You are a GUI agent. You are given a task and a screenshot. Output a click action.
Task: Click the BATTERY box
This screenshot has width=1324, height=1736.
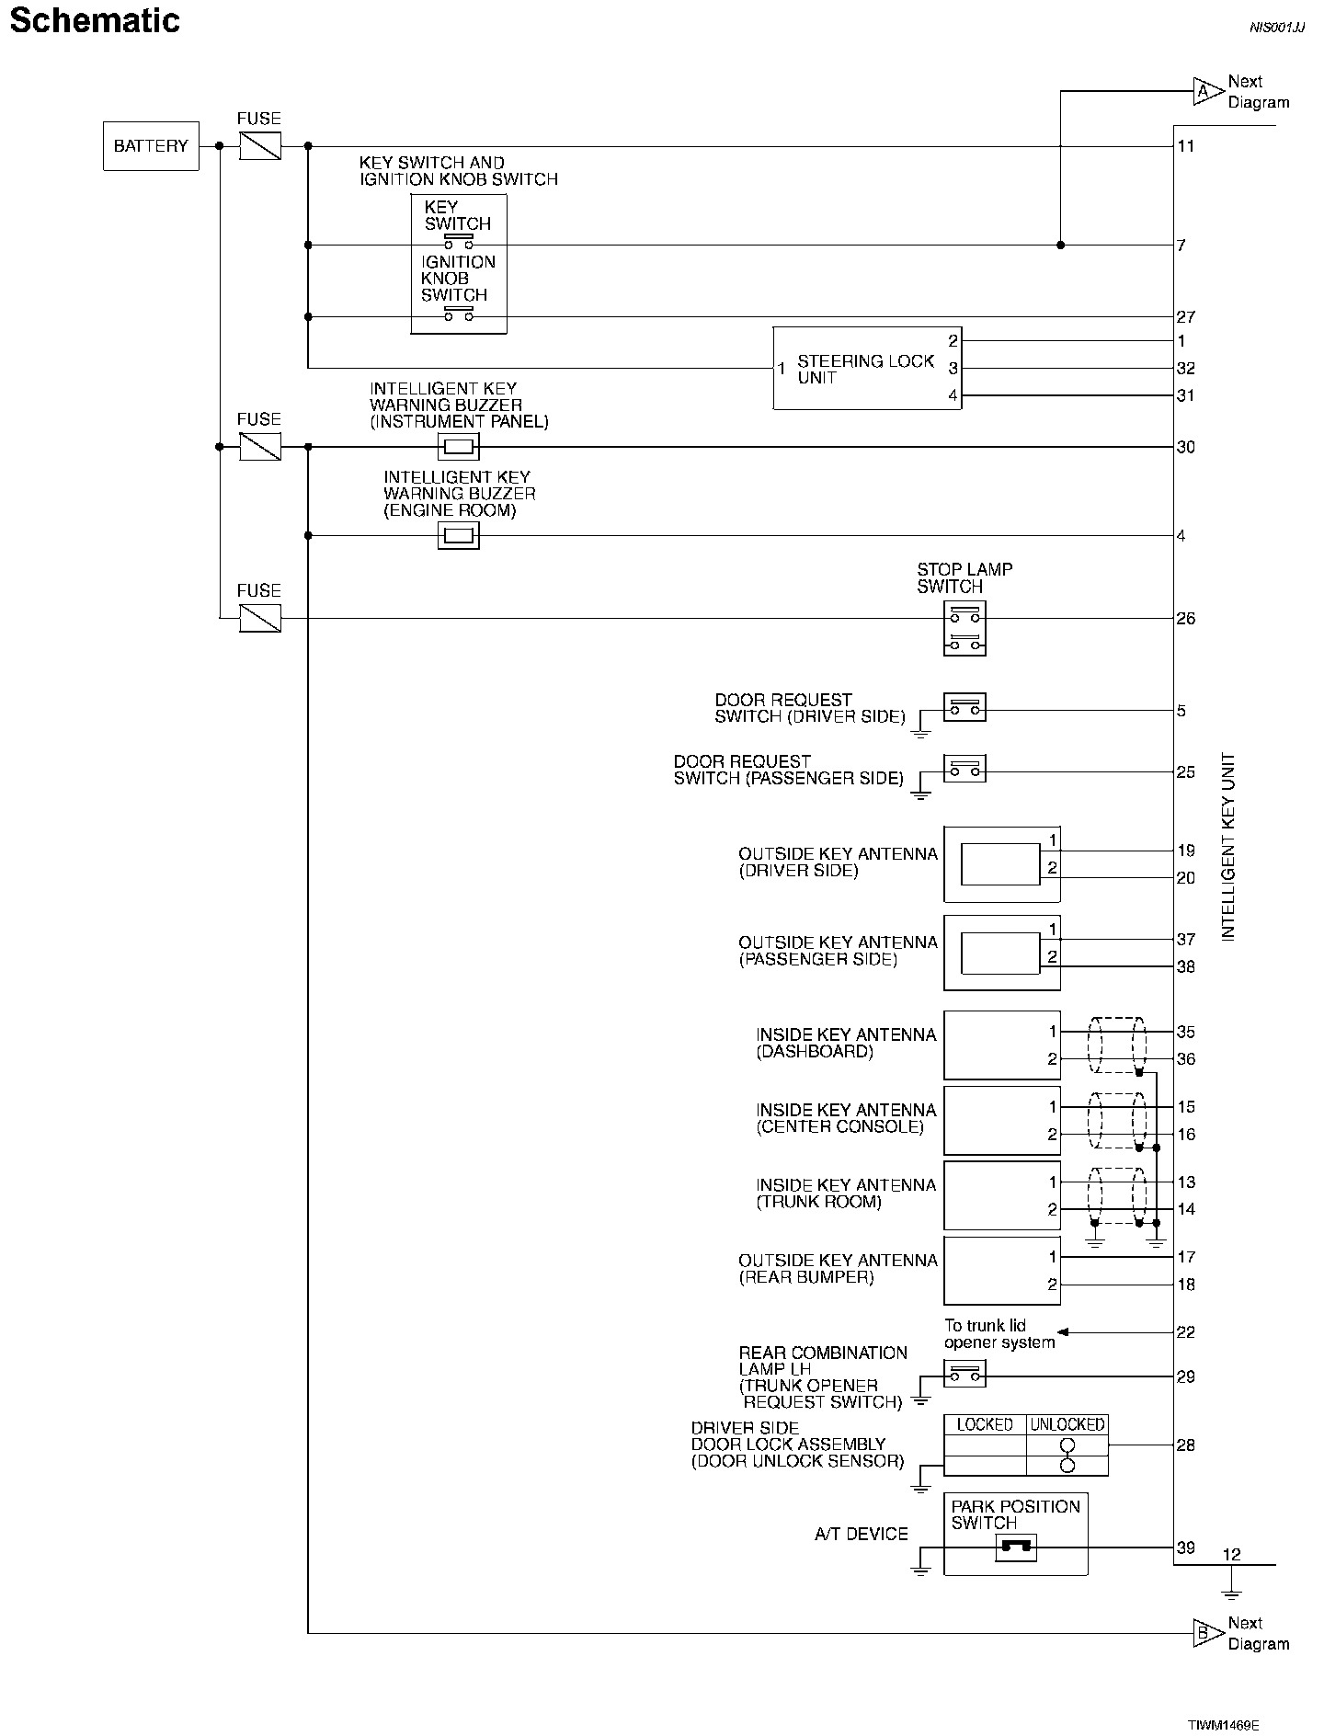[x=151, y=146]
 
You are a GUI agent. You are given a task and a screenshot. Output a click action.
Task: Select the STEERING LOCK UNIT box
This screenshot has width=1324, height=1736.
[x=866, y=369]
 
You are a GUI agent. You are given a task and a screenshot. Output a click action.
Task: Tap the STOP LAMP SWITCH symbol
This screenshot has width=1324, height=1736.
[x=964, y=629]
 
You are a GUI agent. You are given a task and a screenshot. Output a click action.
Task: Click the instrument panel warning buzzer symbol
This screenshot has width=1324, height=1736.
[x=458, y=448]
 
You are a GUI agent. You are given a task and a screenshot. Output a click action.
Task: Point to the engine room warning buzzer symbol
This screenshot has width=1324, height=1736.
[x=458, y=536]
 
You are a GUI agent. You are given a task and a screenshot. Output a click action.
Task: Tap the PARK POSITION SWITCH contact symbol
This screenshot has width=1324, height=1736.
[x=1016, y=1548]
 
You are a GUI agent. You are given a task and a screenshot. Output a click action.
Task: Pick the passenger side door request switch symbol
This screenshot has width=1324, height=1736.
[x=964, y=769]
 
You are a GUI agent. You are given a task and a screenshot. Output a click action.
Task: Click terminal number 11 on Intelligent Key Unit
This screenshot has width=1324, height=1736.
[x=1186, y=146]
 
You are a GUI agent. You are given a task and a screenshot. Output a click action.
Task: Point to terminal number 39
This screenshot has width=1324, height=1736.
[x=1186, y=1548]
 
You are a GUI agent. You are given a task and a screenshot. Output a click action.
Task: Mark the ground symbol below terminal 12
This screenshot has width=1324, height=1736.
[x=1232, y=1593]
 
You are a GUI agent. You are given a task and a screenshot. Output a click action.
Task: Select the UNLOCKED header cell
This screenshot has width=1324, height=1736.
[x=1067, y=1424]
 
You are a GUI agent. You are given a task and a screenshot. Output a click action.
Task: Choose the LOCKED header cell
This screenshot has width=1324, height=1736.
[x=985, y=1424]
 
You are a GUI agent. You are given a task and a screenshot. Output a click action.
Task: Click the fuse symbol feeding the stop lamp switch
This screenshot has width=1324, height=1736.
[x=260, y=618]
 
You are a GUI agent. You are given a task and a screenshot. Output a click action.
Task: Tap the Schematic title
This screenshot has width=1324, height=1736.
[x=95, y=21]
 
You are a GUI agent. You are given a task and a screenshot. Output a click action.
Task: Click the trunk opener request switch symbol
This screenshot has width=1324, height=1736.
[x=964, y=1375]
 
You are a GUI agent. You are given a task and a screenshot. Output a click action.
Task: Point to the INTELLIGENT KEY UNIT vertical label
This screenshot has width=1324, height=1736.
[x=1228, y=847]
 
